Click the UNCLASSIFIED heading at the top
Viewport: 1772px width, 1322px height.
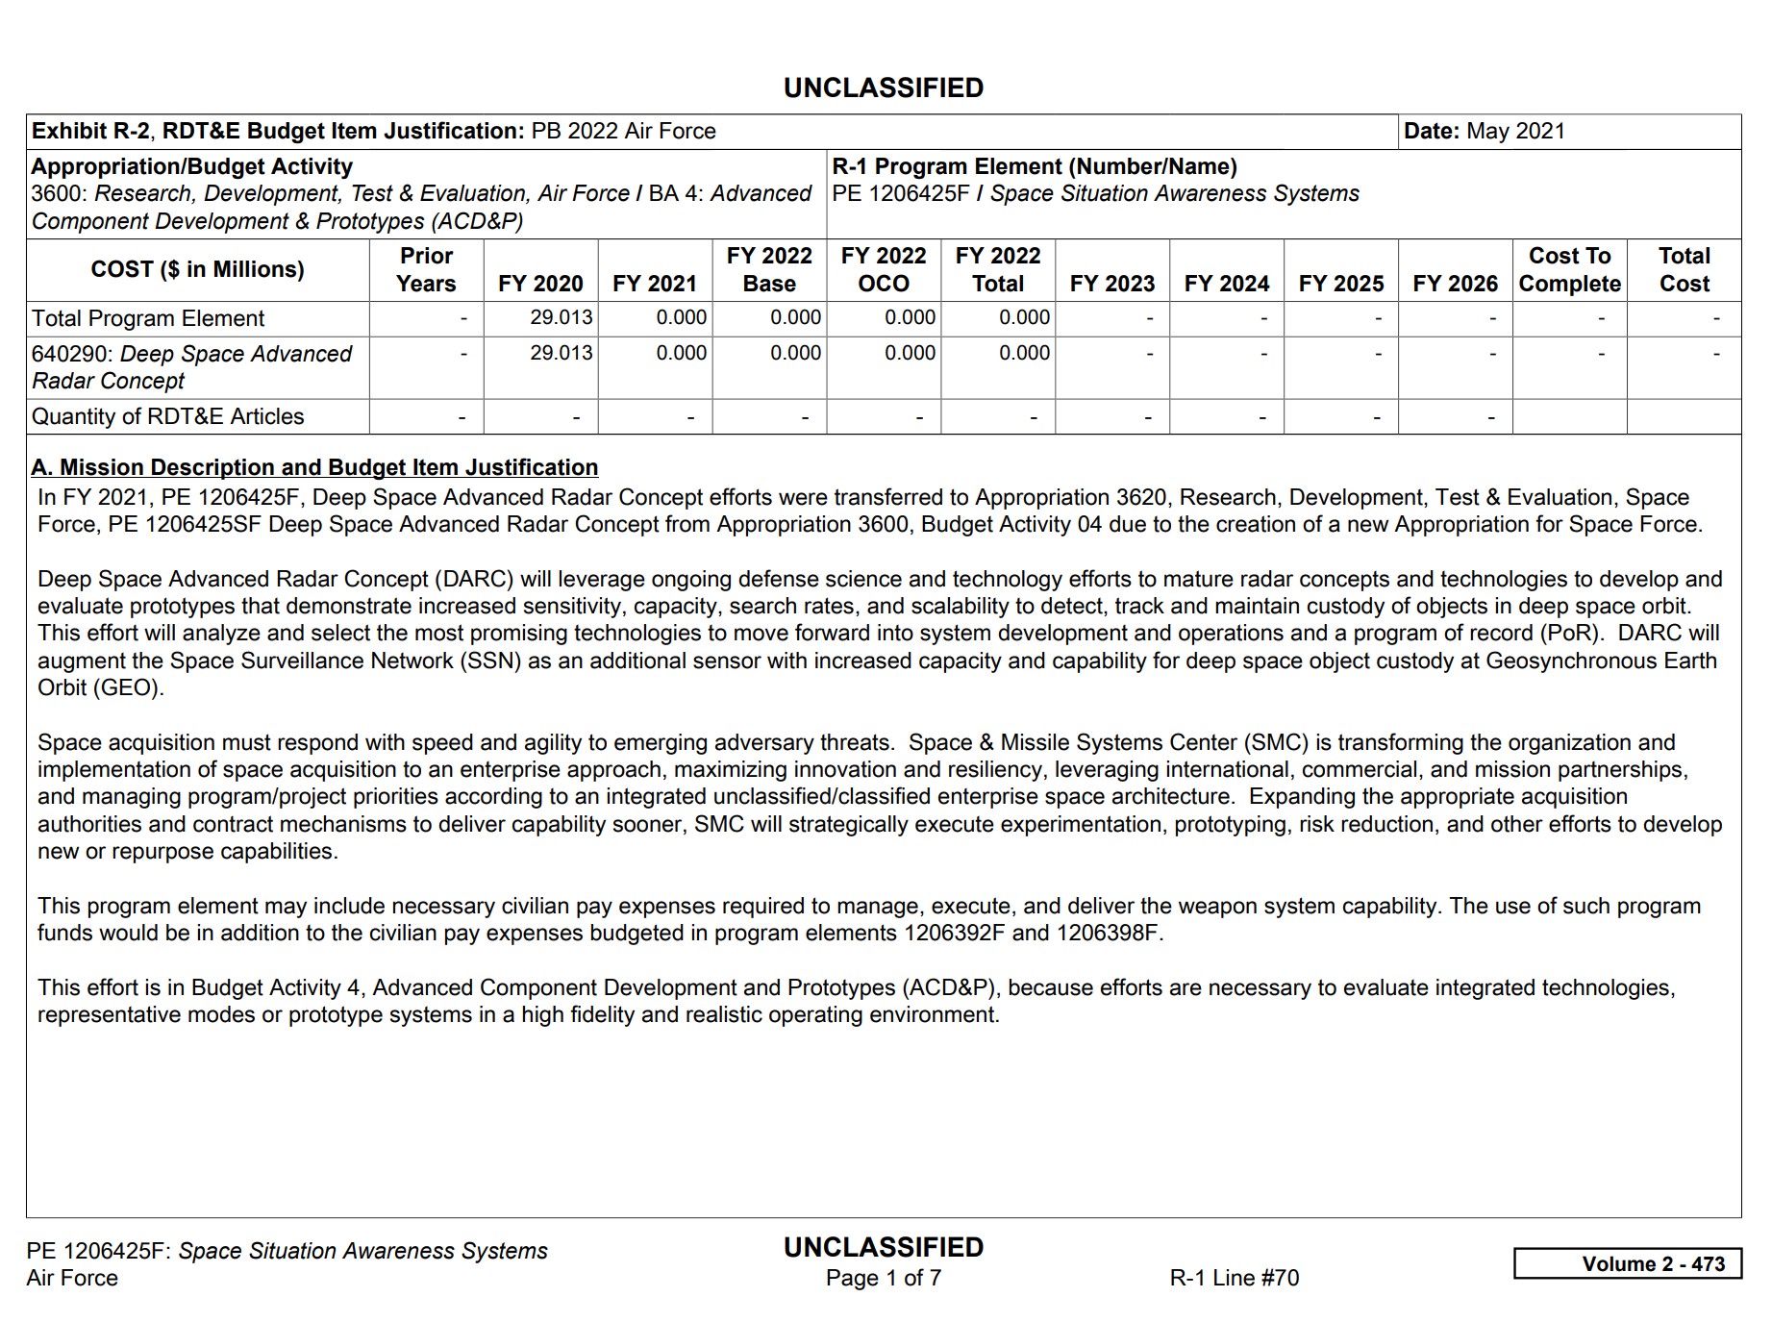(883, 87)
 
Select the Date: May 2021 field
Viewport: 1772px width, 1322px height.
(1484, 131)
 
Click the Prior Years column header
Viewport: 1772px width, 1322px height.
(426, 269)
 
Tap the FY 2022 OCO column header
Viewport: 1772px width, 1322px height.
(883, 269)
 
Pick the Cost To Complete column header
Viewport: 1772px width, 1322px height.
(1569, 269)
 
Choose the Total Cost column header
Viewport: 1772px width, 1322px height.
(1684, 269)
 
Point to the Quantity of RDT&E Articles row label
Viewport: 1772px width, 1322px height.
(168, 416)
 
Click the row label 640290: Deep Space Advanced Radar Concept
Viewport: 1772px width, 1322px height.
(191, 366)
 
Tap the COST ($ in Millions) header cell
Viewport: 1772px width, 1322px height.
(197, 269)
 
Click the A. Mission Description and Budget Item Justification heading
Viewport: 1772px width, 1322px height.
(314, 467)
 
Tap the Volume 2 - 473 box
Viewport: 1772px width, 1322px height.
(1627, 1263)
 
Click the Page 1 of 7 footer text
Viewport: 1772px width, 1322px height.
(883, 1278)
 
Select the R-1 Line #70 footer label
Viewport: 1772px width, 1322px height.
(1234, 1278)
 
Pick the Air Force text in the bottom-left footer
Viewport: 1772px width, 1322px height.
(72, 1278)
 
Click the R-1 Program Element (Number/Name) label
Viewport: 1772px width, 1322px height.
(1034, 166)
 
